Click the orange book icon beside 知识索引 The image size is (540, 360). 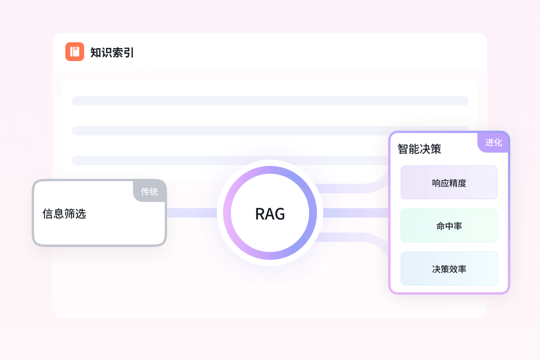coord(75,52)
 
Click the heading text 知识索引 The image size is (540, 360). coord(112,52)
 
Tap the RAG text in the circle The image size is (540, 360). coord(270,214)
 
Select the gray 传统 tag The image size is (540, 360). coord(150,191)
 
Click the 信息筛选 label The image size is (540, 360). coord(64,214)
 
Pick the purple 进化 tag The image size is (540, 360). coord(493,142)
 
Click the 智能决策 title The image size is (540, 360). coord(419,149)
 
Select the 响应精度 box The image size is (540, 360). coord(449,183)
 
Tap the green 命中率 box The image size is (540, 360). coord(449,226)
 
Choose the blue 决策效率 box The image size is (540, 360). coord(449,269)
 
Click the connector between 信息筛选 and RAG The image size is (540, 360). coord(192,213)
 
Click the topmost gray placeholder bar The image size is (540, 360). coord(270,101)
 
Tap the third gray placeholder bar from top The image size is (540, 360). coord(227,160)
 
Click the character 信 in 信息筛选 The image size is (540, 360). coord(48,214)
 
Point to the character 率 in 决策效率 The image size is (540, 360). coord(462,269)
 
